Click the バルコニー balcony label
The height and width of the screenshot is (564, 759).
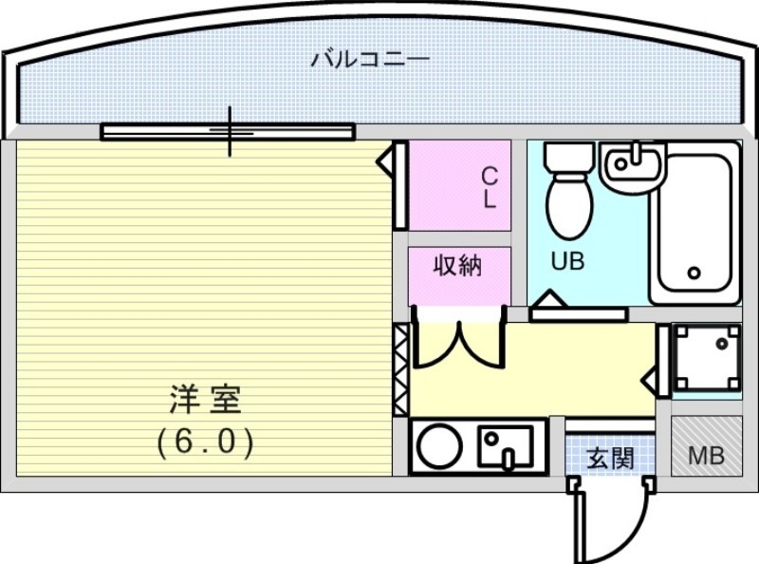click(370, 60)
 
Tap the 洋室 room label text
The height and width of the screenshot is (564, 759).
click(205, 400)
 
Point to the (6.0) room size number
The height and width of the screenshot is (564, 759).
click(205, 442)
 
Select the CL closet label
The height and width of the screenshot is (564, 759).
click(489, 188)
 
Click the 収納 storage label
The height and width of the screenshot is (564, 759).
click(458, 266)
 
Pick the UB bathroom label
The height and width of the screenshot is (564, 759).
click(567, 261)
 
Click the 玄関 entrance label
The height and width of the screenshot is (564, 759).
click(610, 459)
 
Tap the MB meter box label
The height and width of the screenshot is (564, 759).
click(706, 456)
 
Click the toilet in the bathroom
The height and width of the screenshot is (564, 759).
click(570, 194)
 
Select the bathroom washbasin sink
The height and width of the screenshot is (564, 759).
click(633, 166)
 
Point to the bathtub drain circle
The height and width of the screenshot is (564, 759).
click(694, 273)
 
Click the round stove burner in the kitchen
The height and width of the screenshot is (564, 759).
click(439, 446)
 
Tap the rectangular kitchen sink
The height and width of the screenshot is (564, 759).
click(506, 444)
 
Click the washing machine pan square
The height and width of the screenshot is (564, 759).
click(706, 357)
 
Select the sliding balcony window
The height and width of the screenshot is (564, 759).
click(228, 131)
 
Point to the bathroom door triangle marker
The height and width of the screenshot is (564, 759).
click(548, 304)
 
